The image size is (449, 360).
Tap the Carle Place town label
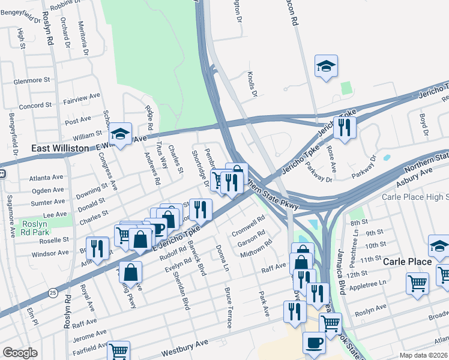pos(407,262)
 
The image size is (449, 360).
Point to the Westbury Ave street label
pos(184,347)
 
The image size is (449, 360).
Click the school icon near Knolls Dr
pos(326,66)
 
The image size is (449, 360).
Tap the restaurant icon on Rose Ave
pos(344,127)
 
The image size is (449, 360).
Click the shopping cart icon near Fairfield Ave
pos(118,351)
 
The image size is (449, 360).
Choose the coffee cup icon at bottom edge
pos(314,343)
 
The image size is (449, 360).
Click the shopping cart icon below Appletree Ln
pos(417,283)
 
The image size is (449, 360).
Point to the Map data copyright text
pos(423,355)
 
